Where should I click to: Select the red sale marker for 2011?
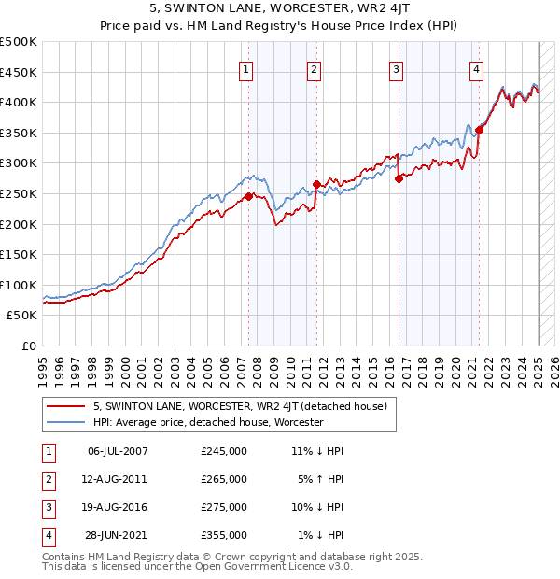click(x=316, y=184)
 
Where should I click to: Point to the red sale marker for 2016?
click(x=399, y=178)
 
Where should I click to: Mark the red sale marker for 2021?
click(x=480, y=130)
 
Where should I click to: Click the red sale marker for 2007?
click(x=248, y=196)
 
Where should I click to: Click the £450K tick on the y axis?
click(x=19, y=72)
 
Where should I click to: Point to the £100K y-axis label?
click(x=19, y=285)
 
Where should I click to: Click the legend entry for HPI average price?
click(x=207, y=422)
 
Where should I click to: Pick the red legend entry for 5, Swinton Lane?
click(x=232, y=405)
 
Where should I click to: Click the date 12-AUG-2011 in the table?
click(x=117, y=479)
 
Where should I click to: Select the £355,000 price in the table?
click(x=223, y=535)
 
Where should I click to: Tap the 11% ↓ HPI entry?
click(x=317, y=451)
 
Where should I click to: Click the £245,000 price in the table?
click(x=223, y=451)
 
